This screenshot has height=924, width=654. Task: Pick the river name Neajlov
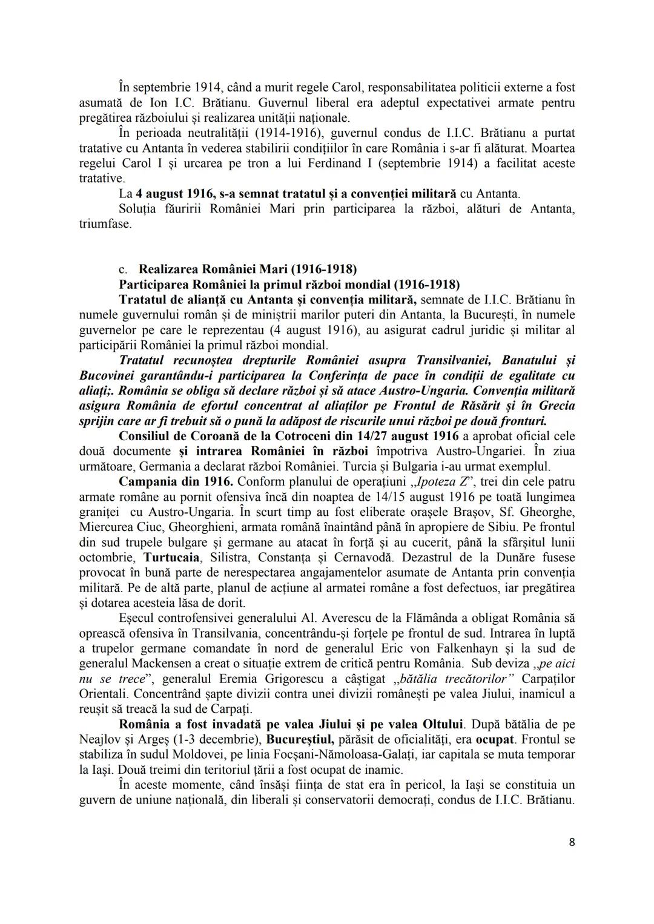[101, 739]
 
